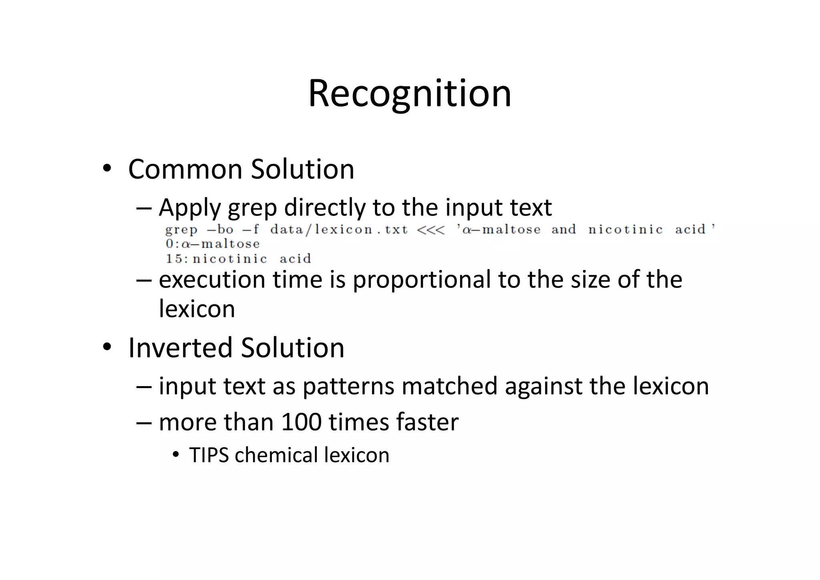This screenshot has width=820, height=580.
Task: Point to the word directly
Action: [x=324, y=208]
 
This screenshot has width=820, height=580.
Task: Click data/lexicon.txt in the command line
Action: [x=339, y=230]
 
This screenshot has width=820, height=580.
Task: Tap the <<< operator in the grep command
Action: [x=431, y=230]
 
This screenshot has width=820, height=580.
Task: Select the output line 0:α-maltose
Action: [x=213, y=244]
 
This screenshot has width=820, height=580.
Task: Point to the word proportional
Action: [x=422, y=280]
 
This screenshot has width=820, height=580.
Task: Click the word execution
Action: [x=212, y=280]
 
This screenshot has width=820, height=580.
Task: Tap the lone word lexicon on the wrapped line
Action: [x=197, y=309]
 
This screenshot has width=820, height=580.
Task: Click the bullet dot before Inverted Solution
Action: [x=106, y=347]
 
